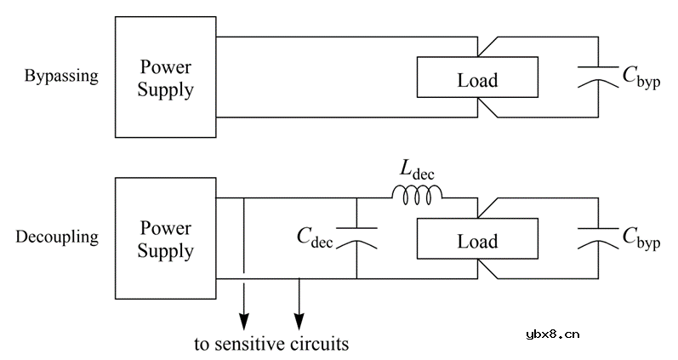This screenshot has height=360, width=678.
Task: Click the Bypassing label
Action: click(x=61, y=76)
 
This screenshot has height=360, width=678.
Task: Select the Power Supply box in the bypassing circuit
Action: click(x=167, y=77)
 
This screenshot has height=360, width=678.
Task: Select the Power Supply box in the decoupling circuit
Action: click(x=167, y=238)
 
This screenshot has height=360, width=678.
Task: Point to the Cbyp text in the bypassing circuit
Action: click(x=640, y=77)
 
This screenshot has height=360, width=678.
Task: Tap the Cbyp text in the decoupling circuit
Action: click(x=640, y=238)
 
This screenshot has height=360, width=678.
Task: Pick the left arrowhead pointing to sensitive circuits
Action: click(x=244, y=321)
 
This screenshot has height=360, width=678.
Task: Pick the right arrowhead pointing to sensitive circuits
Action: click(x=299, y=321)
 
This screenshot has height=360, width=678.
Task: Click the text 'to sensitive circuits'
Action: click(x=271, y=345)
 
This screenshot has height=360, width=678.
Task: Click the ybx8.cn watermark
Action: click(x=553, y=334)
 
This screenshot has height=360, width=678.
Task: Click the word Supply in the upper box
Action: click(x=167, y=89)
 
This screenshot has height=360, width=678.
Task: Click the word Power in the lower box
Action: click(x=167, y=227)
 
